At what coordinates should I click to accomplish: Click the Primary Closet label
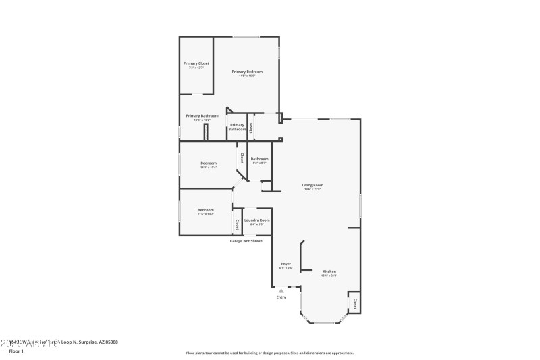[196, 63]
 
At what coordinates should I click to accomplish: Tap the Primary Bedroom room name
[247, 71]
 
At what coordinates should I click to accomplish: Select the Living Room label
[313, 185]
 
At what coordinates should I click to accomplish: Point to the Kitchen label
[329, 271]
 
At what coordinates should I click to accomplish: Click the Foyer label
[286, 263]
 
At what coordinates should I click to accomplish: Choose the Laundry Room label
[256, 220]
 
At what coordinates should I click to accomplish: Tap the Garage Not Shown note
[246, 240]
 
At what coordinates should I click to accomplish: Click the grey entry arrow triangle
[281, 291]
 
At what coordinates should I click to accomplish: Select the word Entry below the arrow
[281, 297]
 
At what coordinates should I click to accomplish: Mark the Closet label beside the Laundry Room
[238, 224]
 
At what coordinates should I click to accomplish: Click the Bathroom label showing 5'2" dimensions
[260, 159]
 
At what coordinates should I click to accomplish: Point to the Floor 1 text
[16, 351]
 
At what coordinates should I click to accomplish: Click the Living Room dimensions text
[313, 189]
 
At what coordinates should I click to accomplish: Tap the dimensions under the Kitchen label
[329, 276]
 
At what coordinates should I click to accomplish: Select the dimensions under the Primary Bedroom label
[247, 76]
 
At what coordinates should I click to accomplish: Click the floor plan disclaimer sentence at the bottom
[269, 353]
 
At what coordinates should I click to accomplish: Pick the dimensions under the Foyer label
[286, 268]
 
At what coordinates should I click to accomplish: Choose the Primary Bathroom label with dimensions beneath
[202, 115]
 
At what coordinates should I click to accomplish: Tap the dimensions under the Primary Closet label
[196, 68]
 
